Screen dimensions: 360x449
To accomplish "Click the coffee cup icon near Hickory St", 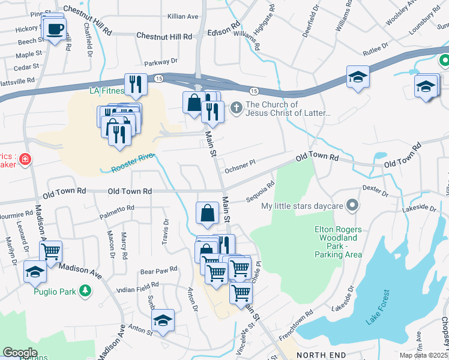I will coord(55,29).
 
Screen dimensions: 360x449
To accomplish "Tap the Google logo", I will coord(20,352).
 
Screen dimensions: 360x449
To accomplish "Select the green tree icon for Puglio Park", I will coord(86,291).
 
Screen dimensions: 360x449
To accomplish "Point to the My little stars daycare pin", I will coord(352,206).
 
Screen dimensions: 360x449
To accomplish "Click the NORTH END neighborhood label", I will coord(321,355).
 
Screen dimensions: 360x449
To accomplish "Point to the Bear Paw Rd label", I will coord(158,270).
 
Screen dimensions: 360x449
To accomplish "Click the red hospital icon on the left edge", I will coord(25,160).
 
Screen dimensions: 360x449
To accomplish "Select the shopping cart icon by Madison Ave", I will coord(51,251).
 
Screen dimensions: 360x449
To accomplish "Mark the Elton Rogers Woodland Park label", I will coord(338,242).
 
